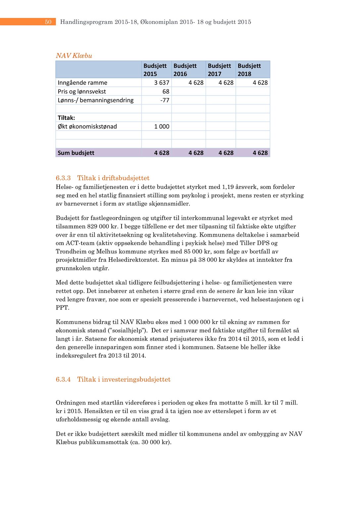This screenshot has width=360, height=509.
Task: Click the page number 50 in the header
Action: click(48, 22)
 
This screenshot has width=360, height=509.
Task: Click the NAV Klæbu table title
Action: click(74, 56)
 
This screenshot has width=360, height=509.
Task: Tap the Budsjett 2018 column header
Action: click(249, 70)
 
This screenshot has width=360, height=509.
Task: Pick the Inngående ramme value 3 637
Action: click(162, 83)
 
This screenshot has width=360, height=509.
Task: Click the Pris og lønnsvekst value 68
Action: click(166, 91)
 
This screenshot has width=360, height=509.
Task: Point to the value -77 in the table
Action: click(165, 100)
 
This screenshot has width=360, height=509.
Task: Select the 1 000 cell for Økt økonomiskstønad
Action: click(162, 126)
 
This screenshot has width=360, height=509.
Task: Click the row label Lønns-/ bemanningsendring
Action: click(95, 100)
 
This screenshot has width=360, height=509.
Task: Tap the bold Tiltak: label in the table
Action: click(66, 118)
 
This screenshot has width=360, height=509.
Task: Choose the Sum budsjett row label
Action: click(76, 153)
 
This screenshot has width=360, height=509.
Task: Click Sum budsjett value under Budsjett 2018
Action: click(260, 153)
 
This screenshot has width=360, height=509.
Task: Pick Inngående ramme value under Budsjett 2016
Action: click(196, 83)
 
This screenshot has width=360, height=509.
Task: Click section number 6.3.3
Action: click(63, 178)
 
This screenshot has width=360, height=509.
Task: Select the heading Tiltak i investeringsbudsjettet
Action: click(124, 379)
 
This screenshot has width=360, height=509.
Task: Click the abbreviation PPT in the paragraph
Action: click(62, 308)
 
